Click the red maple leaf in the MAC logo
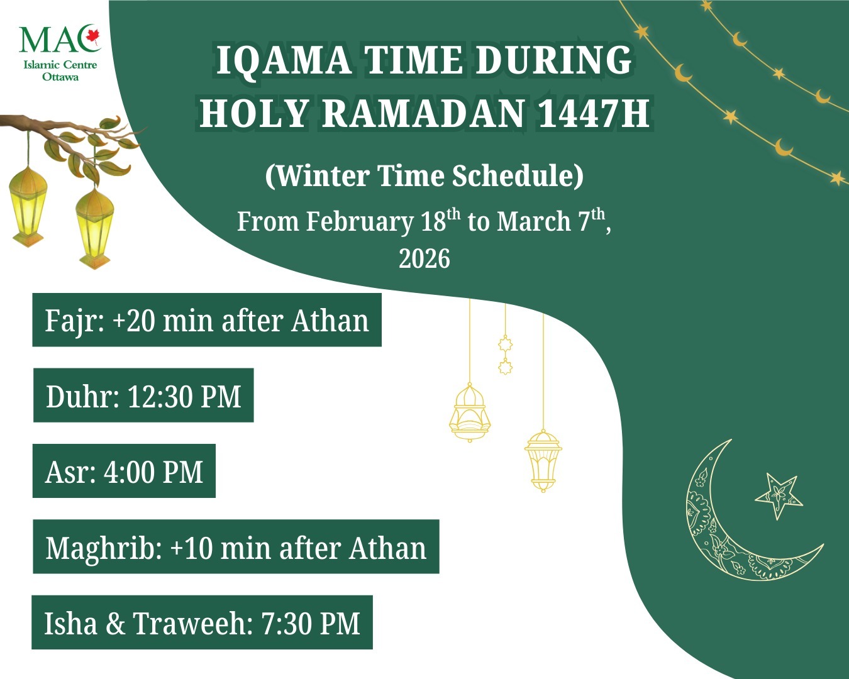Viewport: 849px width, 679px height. [x=93, y=37]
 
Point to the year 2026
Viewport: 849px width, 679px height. [x=425, y=258]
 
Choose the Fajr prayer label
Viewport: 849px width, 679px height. [x=72, y=321]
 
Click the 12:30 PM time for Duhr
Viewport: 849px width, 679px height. [x=184, y=397]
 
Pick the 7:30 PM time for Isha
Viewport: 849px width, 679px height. [x=311, y=624]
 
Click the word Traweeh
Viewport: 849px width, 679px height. [x=190, y=624]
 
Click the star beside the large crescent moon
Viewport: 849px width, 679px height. [x=779, y=495]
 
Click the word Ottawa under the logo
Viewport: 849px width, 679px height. [x=60, y=77]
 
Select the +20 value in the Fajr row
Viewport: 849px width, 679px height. [x=134, y=321]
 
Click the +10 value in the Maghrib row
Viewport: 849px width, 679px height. [x=192, y=548]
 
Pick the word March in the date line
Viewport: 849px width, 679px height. [x=533, y=222]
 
